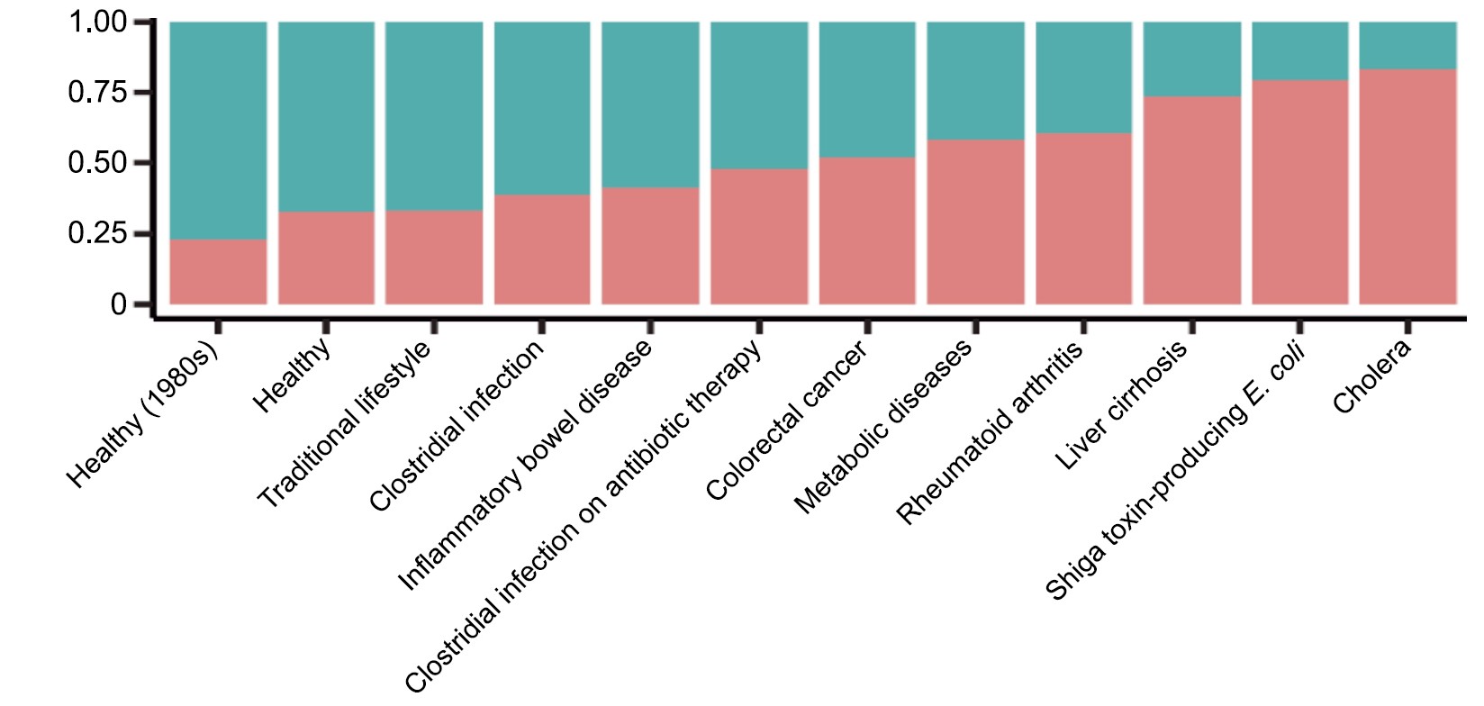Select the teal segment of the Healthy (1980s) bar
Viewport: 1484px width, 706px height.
[x=218, y=131]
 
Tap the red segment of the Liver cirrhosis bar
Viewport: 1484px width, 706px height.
[x=1191, y=200]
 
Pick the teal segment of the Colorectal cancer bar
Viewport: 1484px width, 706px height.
[x=867, y=90]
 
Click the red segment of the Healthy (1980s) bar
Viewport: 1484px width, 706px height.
[x=218, y=271]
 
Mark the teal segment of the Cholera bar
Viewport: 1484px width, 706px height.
[x=1407, y=45]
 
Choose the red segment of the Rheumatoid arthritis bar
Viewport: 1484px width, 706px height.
[x=1083, y=219]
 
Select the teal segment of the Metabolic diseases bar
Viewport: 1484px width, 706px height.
[x=975, y=81]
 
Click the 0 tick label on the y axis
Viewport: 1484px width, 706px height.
[x=118, y=305]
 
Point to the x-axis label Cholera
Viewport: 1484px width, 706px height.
[x=1371, y=377]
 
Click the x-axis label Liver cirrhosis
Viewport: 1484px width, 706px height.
[x=1122, y=404]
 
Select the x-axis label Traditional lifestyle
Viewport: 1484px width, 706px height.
[x=345, y=425]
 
